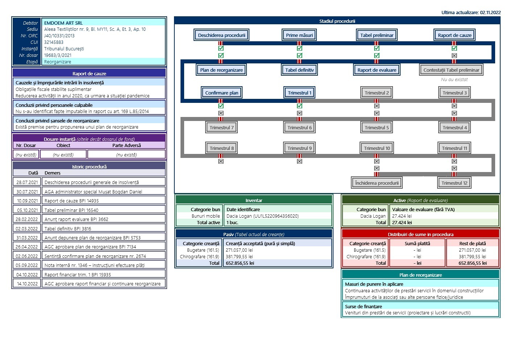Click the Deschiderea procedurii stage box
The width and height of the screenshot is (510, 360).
click(221, 35)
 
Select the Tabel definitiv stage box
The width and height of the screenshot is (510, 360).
click(299, 70)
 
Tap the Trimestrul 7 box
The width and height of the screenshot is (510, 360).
click(221, 127)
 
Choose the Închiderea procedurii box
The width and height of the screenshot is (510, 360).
click(377, 183)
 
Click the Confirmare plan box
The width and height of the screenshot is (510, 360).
click(221, 93)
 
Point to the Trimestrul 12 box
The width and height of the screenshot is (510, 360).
click(454, 183)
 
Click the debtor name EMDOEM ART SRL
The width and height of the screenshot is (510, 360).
click(63, 23)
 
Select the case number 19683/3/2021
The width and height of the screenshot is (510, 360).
click(58, 55)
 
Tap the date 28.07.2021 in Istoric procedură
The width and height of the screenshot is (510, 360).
click(27, 182)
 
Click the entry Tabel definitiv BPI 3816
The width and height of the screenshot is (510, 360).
click(68, 229)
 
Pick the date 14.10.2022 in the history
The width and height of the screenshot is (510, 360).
click(27, 284)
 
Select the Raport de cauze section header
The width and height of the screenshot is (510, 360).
click(89, 74)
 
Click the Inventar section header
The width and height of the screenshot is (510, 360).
click(254, 200)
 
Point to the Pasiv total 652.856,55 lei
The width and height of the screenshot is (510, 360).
click(240, 263)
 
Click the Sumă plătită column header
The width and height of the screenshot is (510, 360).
click(417, 243)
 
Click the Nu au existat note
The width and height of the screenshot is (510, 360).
click(454, 80)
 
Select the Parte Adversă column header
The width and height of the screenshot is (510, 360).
click(127, 145)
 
